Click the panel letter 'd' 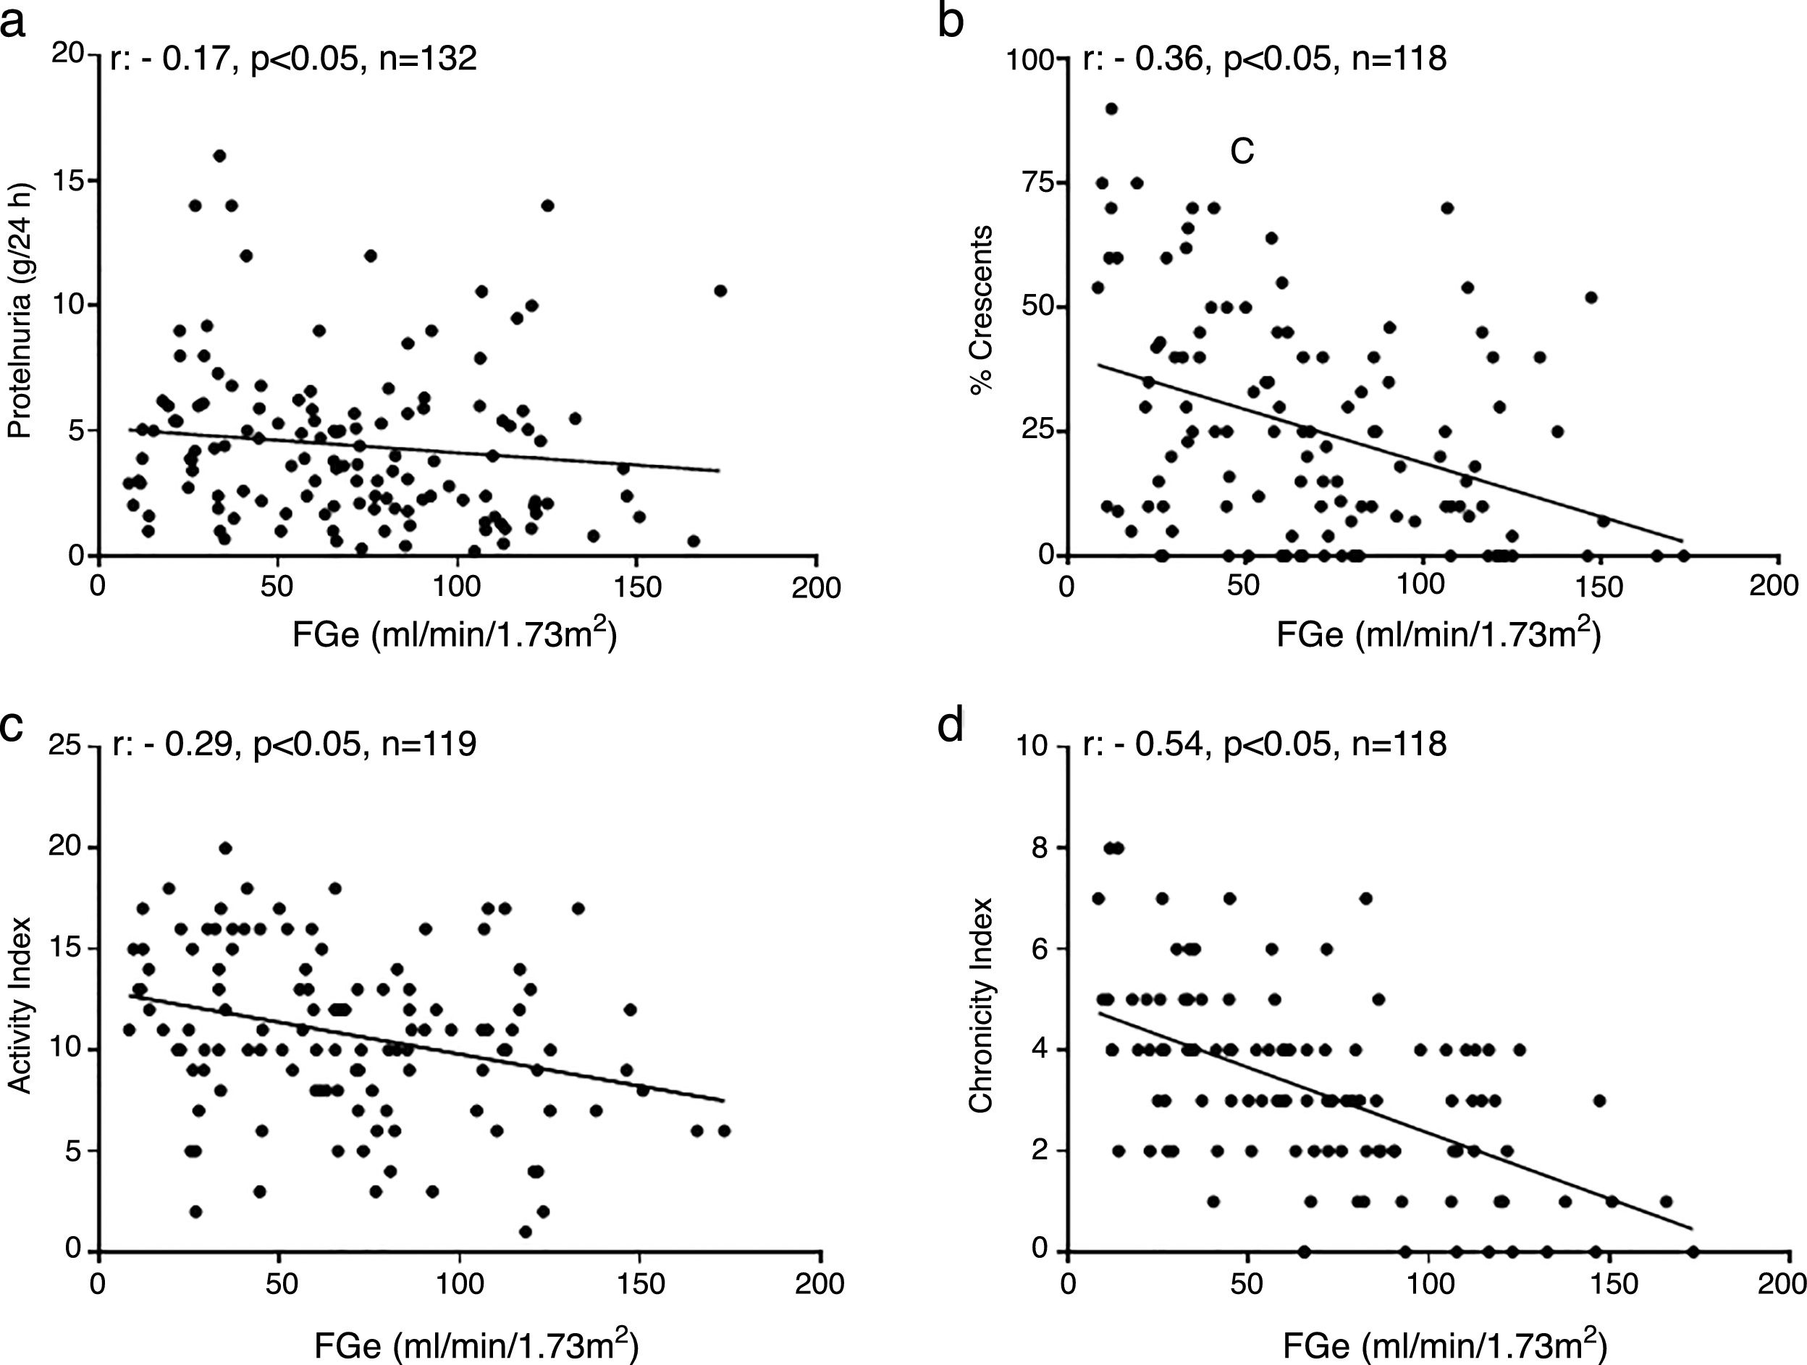point(952,726)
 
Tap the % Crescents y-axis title point(982,311)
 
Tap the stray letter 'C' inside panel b point(1242,152)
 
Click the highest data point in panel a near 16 point(219,155)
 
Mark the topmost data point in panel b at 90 point(1111,109)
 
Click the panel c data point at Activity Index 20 point(225,848)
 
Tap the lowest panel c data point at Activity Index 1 point(526,1232)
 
